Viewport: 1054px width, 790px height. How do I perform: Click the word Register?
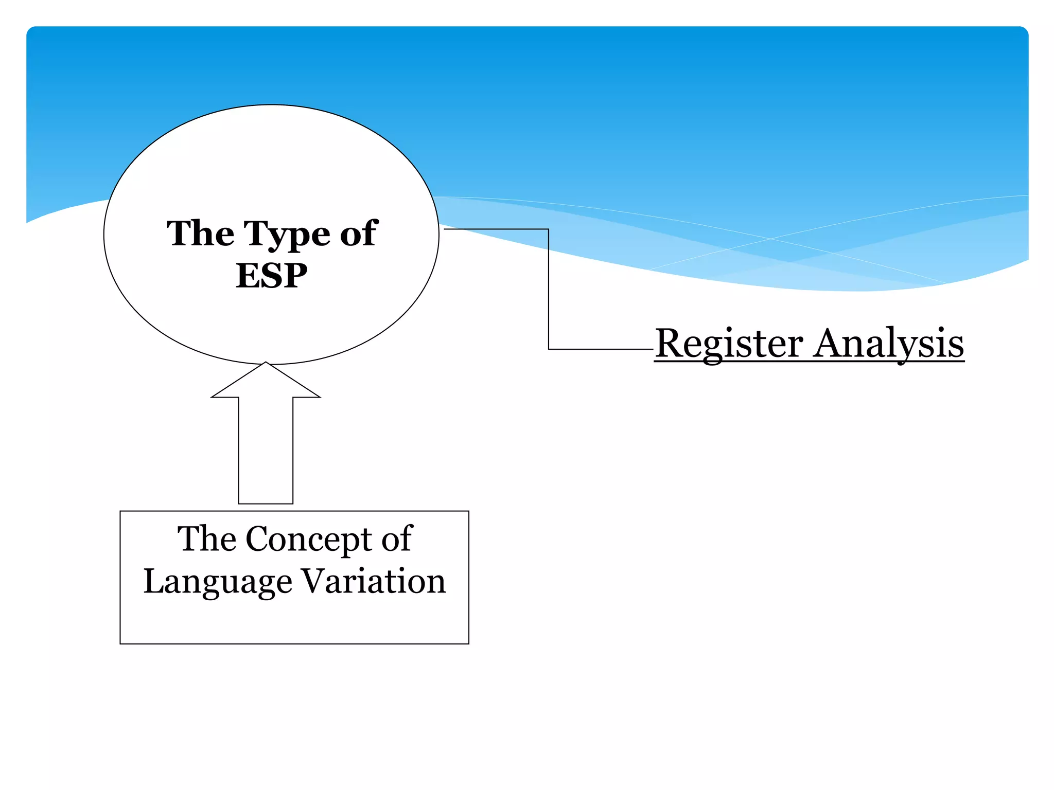coord(729,344)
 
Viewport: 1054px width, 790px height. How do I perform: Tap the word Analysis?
coord(889,344)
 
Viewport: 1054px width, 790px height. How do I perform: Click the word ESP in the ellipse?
coord(271,276)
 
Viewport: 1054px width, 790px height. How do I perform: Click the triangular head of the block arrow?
coord(266,382)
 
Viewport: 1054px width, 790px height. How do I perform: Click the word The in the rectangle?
coord(206,539)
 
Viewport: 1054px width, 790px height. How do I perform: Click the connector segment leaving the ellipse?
coord(496,229)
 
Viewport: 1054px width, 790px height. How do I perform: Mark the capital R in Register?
coord(668,343)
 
